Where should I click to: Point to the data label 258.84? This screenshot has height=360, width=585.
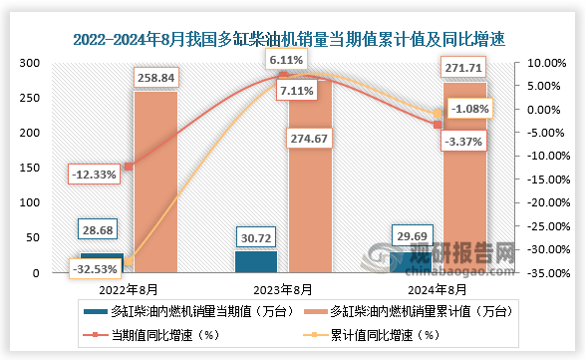[x=154, y=76]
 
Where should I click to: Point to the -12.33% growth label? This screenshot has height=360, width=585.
[x=95, y=175]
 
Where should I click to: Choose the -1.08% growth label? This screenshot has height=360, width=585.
[x=465, y=107]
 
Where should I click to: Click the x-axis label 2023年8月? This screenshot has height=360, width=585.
[x=282, y=289]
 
